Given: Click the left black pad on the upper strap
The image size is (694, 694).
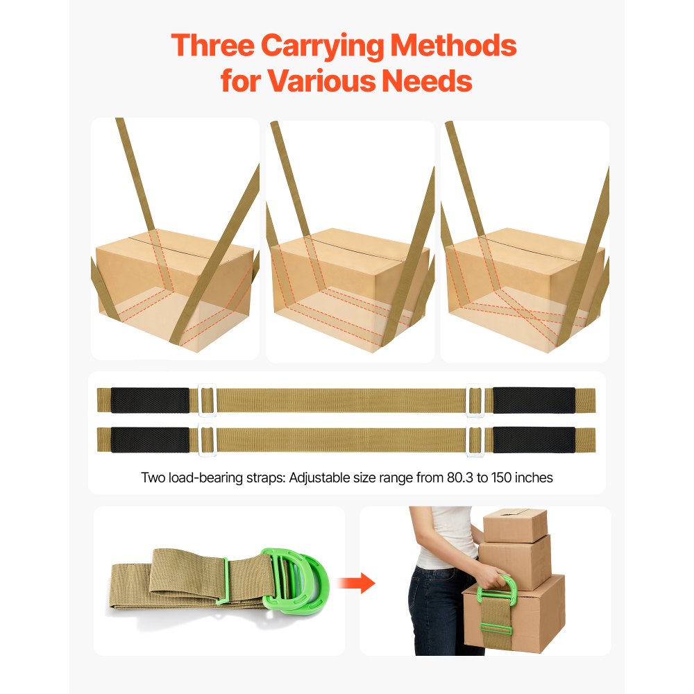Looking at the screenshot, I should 150,400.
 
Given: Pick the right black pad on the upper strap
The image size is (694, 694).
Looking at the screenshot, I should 534,400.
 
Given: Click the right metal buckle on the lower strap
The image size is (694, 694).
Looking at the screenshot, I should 475,441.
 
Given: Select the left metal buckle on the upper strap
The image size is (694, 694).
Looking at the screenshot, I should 208,400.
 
